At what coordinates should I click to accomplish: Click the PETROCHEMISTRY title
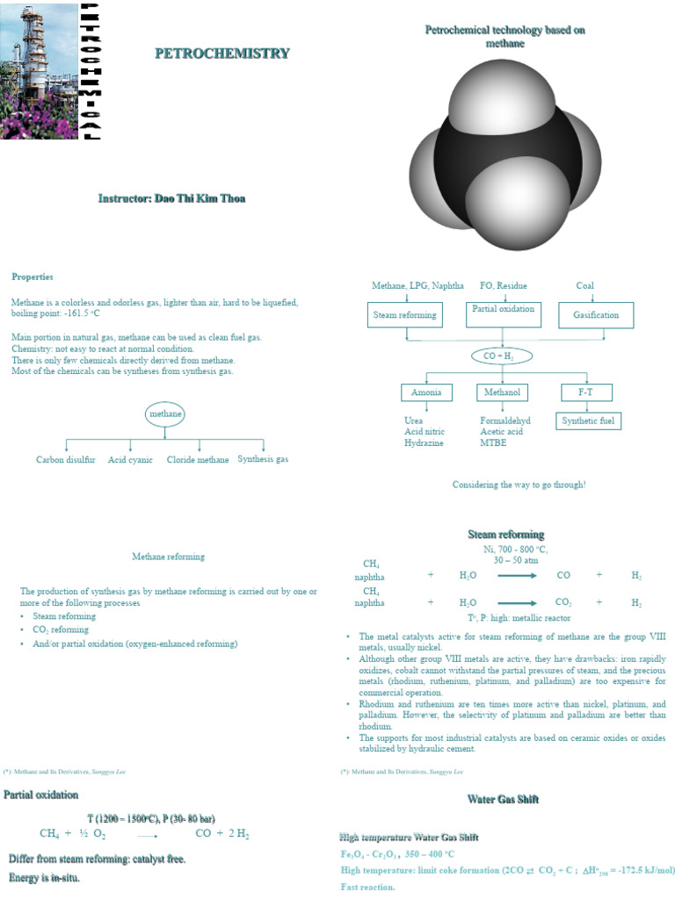tap(221, 54)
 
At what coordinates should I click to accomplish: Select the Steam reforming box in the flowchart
tap(404, 315)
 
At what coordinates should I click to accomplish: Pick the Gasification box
tap(596, 315)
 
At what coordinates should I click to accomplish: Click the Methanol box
tap(502, 392)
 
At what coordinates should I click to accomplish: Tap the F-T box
tap(585, 392)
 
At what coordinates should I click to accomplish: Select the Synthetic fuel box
tap(590, 421)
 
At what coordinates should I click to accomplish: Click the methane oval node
tap(164, 414)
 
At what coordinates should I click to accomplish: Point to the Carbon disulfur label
tap(66, 459)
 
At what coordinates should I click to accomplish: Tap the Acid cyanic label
tap(131, 459)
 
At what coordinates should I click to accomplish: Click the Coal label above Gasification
tap(584, 285)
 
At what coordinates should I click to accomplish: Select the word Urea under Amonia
tap(413, 421)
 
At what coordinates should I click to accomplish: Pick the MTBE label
tap(493, 442)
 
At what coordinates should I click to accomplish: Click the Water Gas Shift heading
tap(503, 799)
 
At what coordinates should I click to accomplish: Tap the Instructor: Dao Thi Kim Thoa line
tap(171, 198)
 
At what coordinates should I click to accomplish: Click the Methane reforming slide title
tap(168, 557)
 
